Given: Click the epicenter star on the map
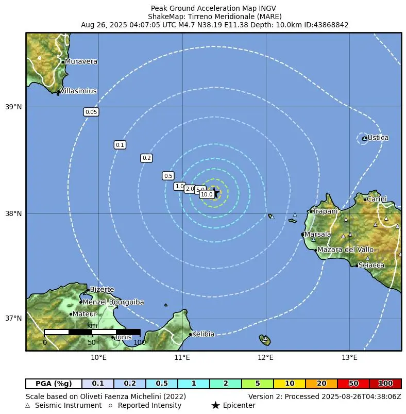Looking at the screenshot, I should [x=216, y=193].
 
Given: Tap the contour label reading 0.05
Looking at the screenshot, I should [x=91, y=112].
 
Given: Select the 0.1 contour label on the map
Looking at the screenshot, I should [x=120, y=145].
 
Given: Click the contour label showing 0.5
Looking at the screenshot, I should [x=168, y=176].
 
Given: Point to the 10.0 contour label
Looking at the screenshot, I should [x=207, y=194].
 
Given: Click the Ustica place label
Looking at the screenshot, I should [x=378, y=138].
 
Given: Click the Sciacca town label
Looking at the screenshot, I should [x=371, y=265].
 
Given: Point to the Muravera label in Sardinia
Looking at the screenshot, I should [x=81, y=61].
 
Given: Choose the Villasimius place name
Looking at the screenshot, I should [x=78, y=91].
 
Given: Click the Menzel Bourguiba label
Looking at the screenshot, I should [x=113, y=302].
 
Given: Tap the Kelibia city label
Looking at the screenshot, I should [x=203, y=334].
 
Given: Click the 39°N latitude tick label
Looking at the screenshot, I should [x=13, y=107].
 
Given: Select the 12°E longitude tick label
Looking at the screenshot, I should [x=266, y=357].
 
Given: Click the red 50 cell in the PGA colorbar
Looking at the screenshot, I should [x=353, y=384].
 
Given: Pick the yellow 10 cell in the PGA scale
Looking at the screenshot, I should [x=290, y=384].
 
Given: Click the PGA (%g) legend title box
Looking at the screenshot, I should [x=54, y=384].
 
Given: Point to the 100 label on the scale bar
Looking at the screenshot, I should [x=139, y=342].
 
